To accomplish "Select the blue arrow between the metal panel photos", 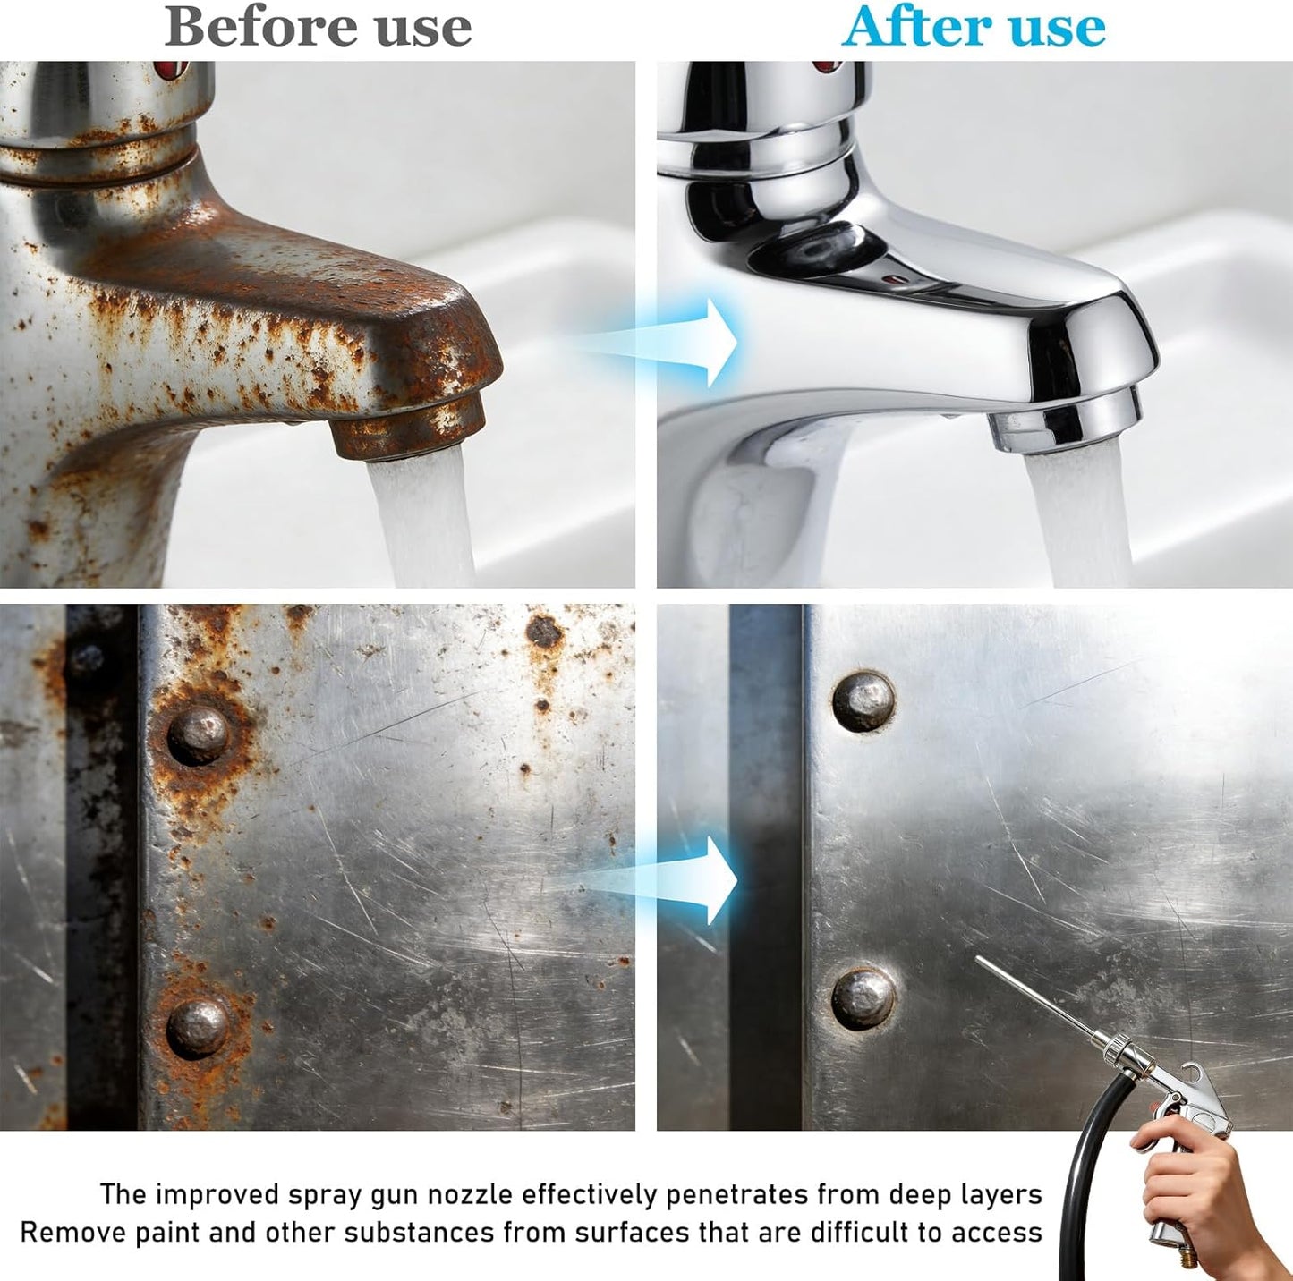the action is pos(661,879).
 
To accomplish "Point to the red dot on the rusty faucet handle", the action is pos(171,69).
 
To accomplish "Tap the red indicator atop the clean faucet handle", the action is pos(828,66).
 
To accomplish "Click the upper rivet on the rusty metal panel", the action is pos(198,734).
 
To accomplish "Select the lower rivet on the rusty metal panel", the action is pos(197,1029).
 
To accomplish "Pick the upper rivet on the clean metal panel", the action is pos(863,701).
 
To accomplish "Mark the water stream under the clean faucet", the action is pos(1077,517).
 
